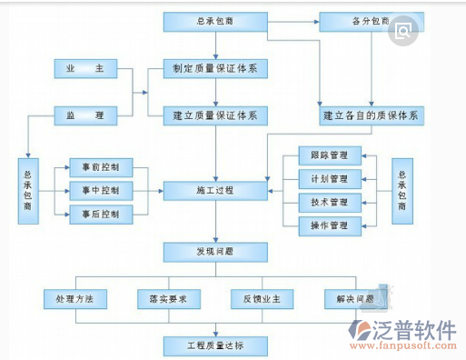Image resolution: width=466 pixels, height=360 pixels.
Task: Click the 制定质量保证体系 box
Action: (214, 68)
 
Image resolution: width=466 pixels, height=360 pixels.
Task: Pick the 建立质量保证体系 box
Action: (214, 115)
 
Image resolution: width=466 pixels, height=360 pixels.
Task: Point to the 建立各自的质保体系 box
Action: (372, 116)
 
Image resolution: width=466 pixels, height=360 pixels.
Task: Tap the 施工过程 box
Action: (214, 191)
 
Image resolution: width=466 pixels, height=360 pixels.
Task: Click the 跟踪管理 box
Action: (329, 155)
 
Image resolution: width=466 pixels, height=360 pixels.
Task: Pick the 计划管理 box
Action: (329, 179)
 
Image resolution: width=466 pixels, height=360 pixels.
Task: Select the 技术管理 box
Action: (329, 202)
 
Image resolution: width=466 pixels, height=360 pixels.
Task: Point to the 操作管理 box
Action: (329, 225)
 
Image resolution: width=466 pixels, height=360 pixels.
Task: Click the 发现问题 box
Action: (214, 250)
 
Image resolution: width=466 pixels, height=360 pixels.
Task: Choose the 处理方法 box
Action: (74, 298)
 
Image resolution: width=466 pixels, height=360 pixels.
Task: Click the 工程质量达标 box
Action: (214, 345)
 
